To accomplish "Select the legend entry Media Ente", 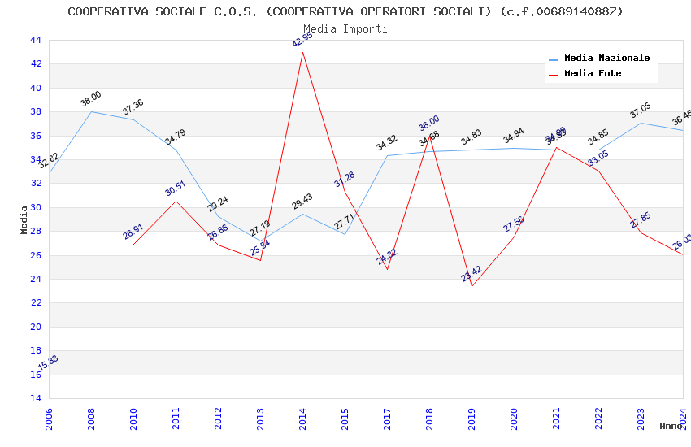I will click(x=593, y=74).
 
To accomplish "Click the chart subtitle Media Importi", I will click(x=345, y=28).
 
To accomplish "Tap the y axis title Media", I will click(x=24, y=219).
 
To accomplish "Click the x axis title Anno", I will click(x=671, y=426).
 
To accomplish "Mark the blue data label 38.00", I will click(x=91, y=99).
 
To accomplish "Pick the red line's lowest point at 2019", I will click(x=472, y=286).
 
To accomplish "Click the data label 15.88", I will click(x=49, y=362).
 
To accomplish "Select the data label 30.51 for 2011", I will click(x=176, y=189).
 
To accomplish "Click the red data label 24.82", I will click(x=387, y=257).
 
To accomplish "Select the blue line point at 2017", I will click(x=387, y=155).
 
